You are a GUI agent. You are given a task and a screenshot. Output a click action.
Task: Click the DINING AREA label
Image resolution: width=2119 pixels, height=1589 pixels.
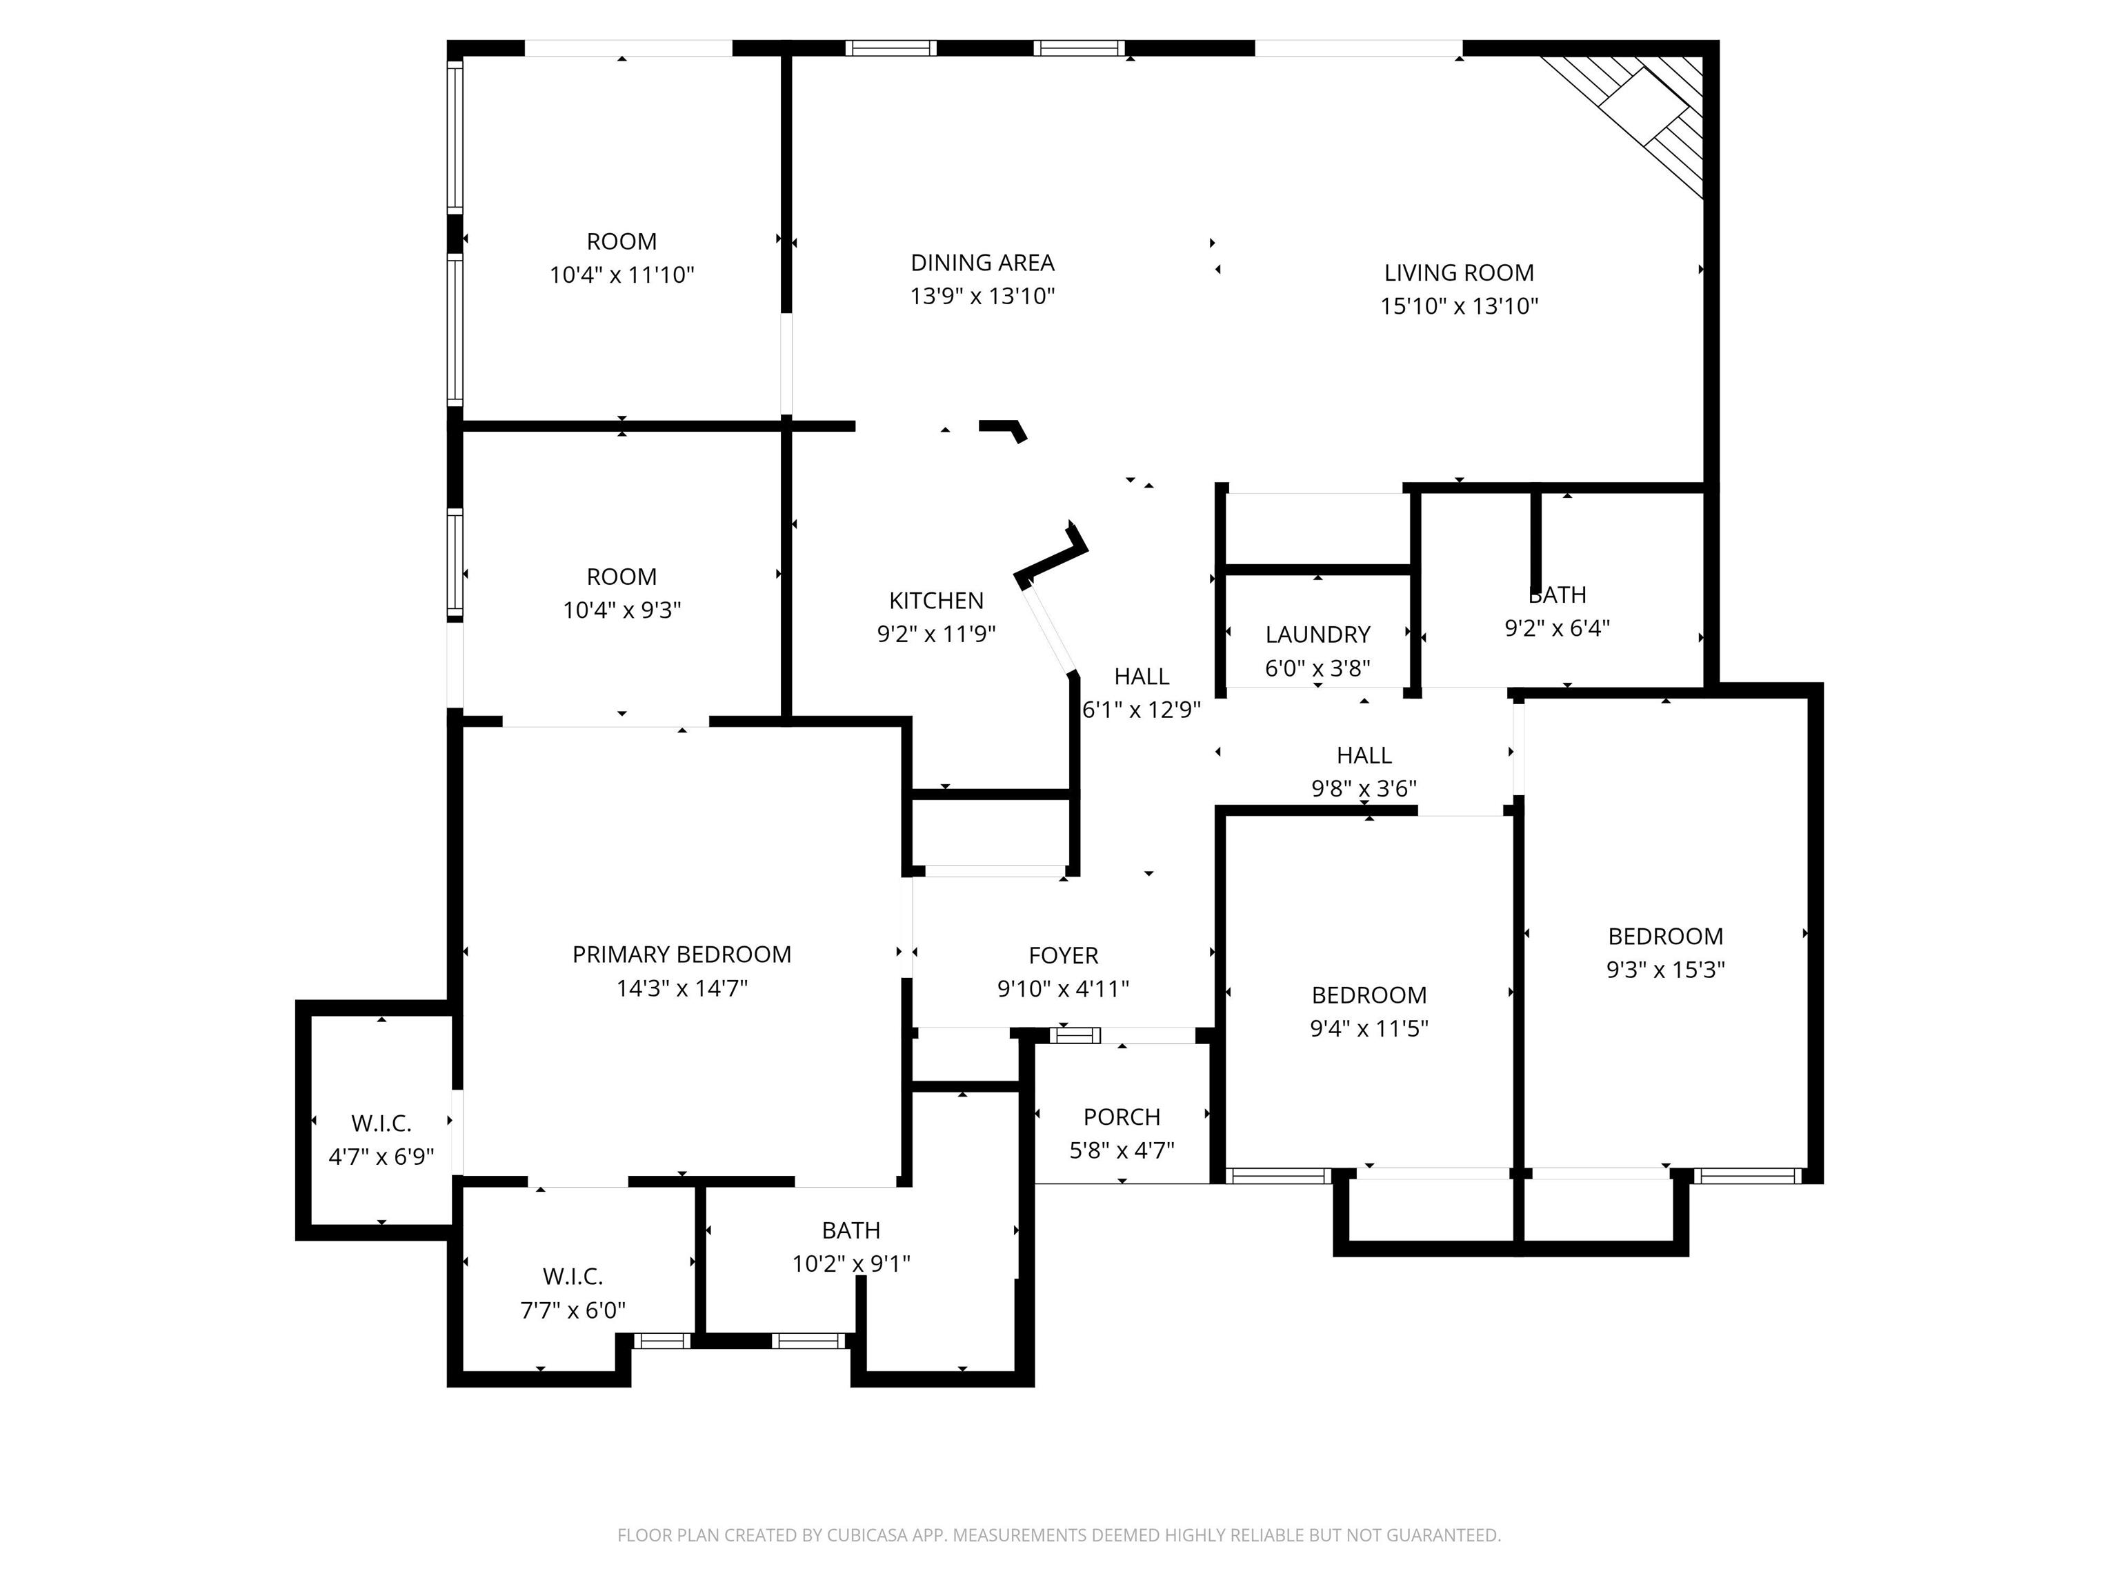click(x=982, y=263)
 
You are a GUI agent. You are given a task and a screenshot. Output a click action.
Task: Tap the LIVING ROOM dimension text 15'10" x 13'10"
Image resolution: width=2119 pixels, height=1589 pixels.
click(x=1459, y=306)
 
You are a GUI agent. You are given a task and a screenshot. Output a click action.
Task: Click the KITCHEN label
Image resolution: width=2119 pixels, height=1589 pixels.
click(x=936, y=601)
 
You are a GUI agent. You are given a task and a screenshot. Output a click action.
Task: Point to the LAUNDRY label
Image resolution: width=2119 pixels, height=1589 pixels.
click(x=1317, y=634)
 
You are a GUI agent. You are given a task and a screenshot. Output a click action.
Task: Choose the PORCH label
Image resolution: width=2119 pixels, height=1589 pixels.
click(x=1122, y=1117)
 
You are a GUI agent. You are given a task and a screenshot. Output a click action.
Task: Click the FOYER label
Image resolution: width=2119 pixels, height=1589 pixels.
click(x=1064, y=955)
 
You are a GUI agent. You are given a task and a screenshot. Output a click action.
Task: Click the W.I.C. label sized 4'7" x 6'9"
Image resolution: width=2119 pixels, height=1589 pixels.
click(x=381, y=1123)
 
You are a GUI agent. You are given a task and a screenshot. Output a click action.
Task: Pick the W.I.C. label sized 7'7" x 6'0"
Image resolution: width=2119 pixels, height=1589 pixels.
click(x=573, y=1276)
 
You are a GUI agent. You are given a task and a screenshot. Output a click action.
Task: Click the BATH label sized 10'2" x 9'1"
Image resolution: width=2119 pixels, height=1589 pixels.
click(x=850, y=1230)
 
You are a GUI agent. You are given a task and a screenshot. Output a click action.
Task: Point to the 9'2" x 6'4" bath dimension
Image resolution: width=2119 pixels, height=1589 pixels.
click(x=1557, y=628)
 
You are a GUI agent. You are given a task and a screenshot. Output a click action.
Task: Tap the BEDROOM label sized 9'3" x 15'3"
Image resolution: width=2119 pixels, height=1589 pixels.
click(x=1665, y=936)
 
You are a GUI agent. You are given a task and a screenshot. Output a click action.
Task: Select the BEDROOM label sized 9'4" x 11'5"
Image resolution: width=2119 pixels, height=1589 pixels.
click(x=1369, y=995)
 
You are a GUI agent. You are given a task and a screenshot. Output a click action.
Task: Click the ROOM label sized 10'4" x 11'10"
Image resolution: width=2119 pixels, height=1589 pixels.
click(x=621, y=241)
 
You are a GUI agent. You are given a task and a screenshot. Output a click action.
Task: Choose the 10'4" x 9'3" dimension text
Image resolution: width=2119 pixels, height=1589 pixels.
click(x=621, y=610)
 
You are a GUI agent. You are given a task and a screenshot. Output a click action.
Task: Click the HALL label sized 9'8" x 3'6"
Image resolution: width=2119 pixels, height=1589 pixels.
click(x=1364, y=754)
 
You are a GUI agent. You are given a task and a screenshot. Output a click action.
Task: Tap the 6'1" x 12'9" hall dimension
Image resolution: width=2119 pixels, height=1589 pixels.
click(x=1141, y=710)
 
